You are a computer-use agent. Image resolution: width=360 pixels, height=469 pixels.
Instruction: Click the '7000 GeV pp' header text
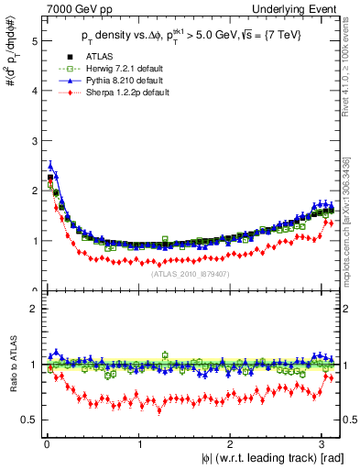[71, 8]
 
